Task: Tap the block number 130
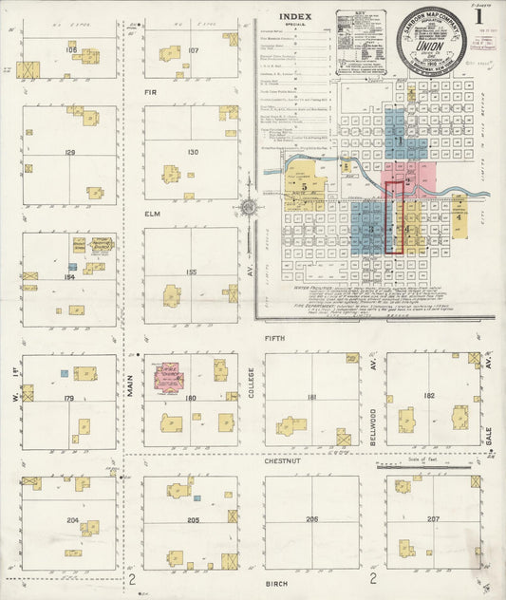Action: (193, 152)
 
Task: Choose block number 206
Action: (311, 520)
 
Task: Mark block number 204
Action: (72, 520)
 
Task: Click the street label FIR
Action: (149, 93)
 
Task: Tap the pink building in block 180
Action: (169, 377)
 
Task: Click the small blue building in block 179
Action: (65, 373)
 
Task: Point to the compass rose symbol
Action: (249, 206)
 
